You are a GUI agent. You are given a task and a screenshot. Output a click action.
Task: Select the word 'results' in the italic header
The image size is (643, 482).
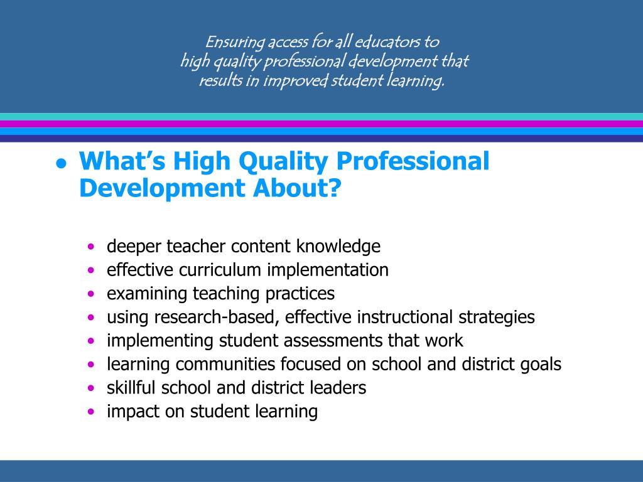tap(220, 81)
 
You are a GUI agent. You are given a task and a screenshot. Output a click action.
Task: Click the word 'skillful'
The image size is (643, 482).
tap(132, 388)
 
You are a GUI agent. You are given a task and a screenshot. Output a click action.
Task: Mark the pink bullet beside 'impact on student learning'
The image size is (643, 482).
tap(92, 412)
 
